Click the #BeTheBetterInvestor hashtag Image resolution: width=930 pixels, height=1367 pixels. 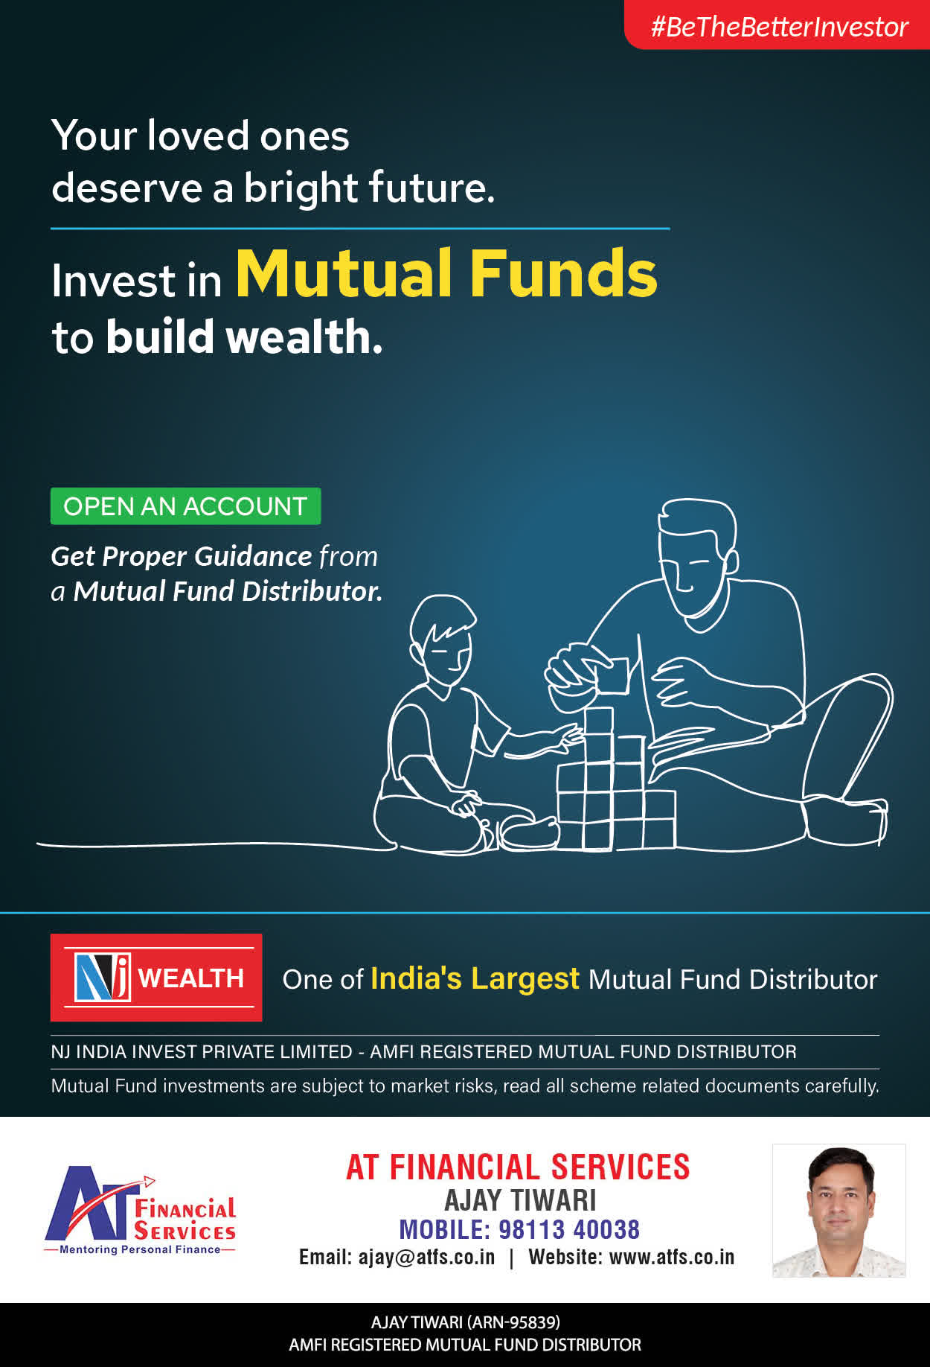(x=779, y=27)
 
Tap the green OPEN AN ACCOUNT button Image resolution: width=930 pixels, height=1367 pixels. (x=185, y=506)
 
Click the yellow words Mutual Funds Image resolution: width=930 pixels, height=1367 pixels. (x=446, y=273)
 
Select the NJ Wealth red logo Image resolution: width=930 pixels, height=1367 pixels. (x=156, y=978)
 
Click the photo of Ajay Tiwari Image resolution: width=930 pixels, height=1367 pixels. (x=839, y=1211)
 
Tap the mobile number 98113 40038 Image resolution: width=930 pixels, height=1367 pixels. (x=569, y=1229)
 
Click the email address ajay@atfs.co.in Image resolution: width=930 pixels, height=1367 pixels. (x=426, y=1258)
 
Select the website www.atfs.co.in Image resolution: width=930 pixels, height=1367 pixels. (x=672, y=1258)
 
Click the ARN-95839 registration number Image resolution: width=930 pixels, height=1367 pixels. (x=513, y=1322)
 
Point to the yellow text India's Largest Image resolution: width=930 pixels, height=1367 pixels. (x=475, y=978)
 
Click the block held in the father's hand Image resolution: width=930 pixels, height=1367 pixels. (x=612, y=675)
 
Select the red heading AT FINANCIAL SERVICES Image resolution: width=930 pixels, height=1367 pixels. (x=518, y=1167)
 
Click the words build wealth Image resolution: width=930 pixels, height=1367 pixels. (x=244, y=337)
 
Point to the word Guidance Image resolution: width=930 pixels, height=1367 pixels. (x=253, y=556)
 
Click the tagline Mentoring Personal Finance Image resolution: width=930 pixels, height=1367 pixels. (x=140, y=1249)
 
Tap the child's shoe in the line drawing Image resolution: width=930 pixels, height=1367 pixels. (x=529, y=832)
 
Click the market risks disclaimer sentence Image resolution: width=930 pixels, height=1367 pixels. (x=465, y=1086)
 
